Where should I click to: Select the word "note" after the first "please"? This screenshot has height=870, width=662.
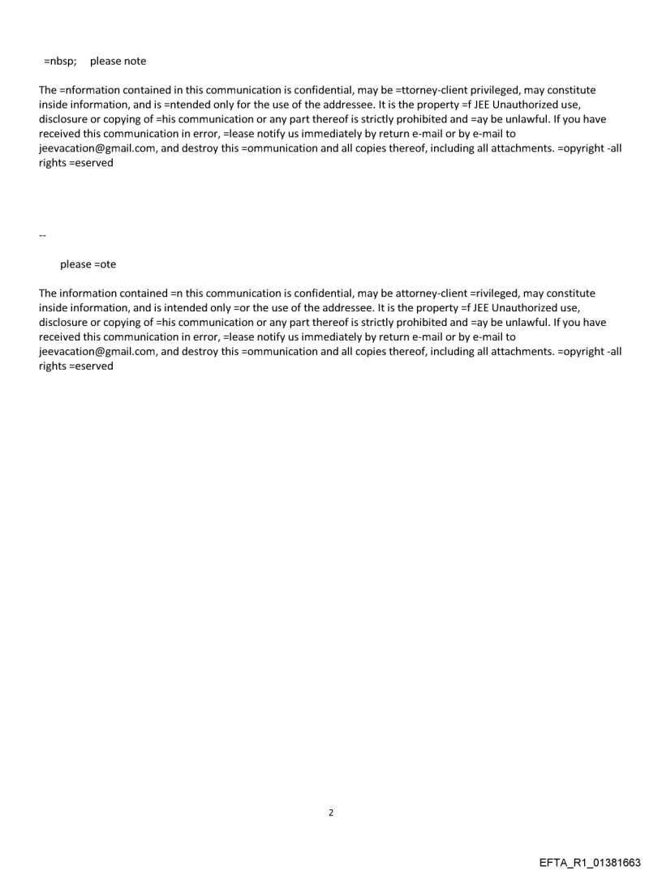[x=135, y=62]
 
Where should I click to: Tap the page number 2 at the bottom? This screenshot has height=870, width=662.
[x=331, y=812]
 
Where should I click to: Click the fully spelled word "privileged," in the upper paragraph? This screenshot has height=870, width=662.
[x=496, y=90]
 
